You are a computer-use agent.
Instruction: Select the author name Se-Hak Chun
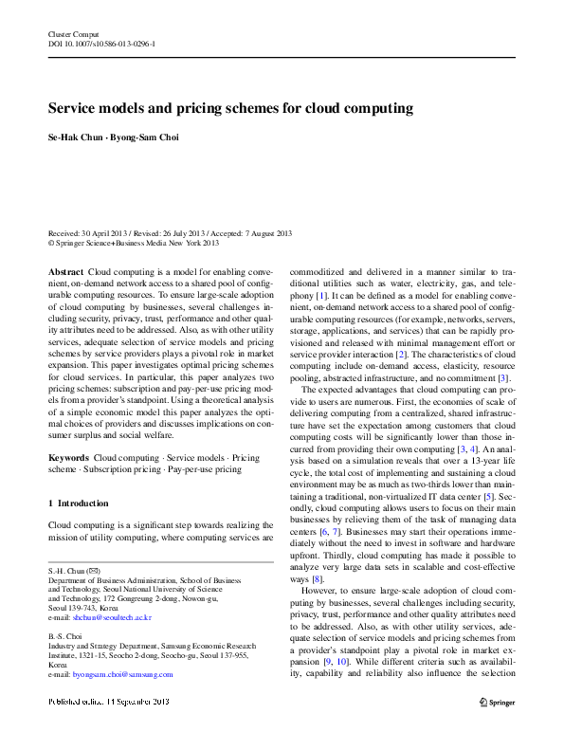pos(76,137)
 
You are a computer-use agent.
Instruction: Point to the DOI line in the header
pos(101,45)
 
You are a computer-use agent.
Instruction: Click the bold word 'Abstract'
pos(65,272)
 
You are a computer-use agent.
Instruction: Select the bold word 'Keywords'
pos(68,458)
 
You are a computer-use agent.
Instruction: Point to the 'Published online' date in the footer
pos(109,702)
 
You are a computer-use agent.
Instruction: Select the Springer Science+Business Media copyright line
pos(133,243)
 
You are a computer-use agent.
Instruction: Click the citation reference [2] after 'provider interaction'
pos(401,354)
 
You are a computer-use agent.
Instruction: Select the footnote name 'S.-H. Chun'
pos(66,571)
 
